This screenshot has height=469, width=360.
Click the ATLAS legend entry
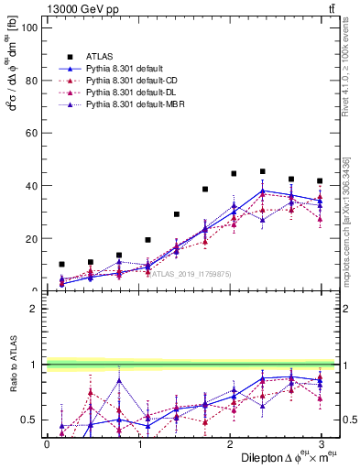100,57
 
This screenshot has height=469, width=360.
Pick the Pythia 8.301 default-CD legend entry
125,81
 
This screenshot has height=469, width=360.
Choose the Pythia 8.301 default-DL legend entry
125,93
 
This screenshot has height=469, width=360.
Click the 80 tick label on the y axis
30,80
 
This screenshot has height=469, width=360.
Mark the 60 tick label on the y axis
30,133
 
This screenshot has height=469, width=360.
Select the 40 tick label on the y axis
30,186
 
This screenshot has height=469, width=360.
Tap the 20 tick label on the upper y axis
30,238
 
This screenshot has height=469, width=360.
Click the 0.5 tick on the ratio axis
27,420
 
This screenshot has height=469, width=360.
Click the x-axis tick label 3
321,443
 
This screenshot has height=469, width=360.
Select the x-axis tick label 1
138,443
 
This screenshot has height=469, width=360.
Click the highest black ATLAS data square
263,171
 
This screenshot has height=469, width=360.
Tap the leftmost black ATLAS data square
61,264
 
